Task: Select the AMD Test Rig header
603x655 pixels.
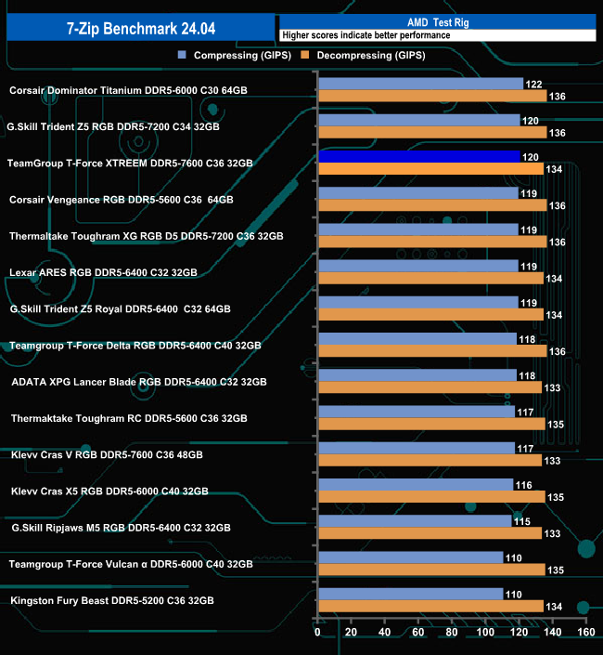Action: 436,21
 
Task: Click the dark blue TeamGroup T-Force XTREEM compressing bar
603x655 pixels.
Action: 418,156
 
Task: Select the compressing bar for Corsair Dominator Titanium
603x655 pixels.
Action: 420,84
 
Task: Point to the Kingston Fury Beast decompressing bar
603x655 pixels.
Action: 430,606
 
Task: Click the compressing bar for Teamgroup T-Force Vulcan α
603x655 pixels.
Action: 410,557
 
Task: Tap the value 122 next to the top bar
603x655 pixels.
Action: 533,84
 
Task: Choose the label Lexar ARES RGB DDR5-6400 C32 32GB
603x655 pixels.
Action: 103,272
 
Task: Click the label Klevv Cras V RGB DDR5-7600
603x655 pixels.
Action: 106,454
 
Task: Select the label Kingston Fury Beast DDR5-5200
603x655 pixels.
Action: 112,600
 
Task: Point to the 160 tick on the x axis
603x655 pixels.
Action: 585,632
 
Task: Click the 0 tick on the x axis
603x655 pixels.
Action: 318,632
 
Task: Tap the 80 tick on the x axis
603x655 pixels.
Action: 452,632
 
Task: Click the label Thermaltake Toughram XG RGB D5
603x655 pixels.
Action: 146,236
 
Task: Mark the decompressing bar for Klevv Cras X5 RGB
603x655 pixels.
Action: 431,497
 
